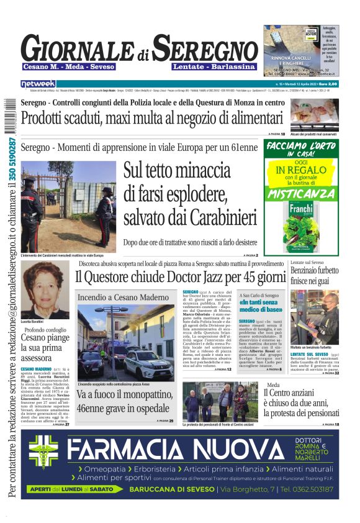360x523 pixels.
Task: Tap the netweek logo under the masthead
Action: pos(38,84)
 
